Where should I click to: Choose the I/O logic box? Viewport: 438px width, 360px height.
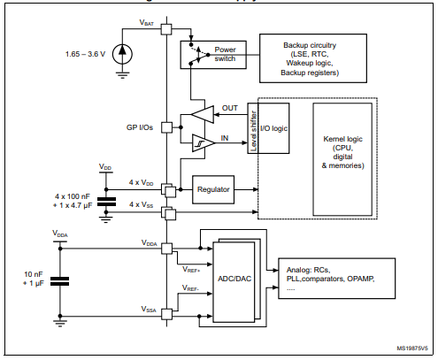pyautogui.click(x=282, y=128)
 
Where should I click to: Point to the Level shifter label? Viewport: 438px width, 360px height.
pyautogui.click(x=253, y=128)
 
